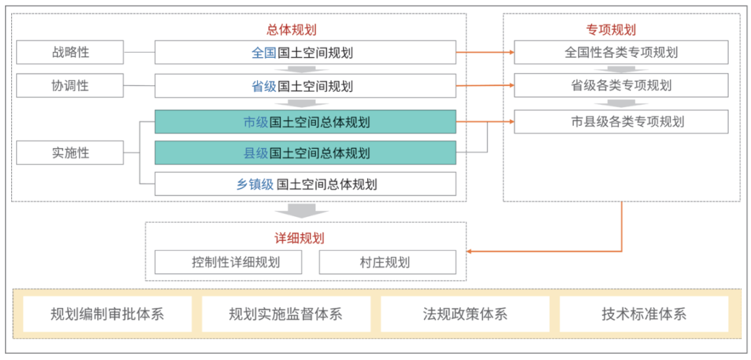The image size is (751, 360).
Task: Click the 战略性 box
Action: (x=70, y=52)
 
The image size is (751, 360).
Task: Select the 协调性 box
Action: (x=70, y=85)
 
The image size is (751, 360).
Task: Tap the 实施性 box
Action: (x=70, y=153)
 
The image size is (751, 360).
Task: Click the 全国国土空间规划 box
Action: (x=305, y=52)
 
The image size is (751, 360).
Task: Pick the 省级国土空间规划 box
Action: (x=305, y=85)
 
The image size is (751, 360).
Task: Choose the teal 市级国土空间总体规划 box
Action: (x=305, y=122)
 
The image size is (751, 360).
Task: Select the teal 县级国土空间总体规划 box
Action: (x=305, y=153)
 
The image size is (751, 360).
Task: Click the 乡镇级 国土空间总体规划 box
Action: (x=305, y=184)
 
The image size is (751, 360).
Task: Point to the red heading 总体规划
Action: (x=291, y=30)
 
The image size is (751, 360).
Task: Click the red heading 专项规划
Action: (x=611, y=30)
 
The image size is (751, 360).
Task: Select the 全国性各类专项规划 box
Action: (x=621, y=52)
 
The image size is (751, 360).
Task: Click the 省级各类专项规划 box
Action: (x=621, y=85)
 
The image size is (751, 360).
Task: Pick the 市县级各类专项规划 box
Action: (x=621, y=122)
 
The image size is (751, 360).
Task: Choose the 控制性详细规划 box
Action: (x=229, y=262)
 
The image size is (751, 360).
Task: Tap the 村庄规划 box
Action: (x=387, y=262)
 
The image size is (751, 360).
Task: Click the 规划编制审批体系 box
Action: (x=107, y=314)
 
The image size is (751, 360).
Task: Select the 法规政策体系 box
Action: (x=465, y=314)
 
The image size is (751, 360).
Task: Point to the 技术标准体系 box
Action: (x=644, y=314)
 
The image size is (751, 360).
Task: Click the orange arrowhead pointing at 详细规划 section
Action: (x=470, y=252)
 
